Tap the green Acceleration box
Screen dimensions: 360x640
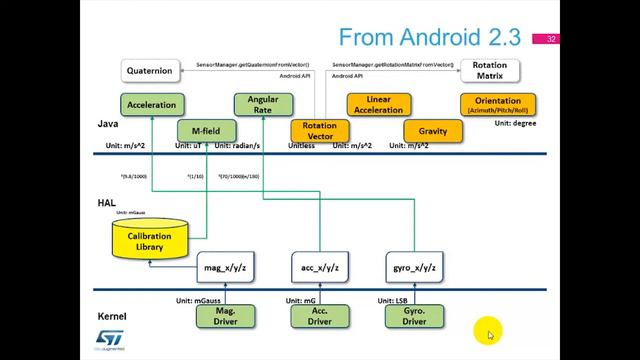pos(152,104)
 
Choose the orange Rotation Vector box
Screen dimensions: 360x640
pos(319,131)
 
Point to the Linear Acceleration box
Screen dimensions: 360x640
pos(379,104)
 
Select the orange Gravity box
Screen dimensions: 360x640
pos(432,131)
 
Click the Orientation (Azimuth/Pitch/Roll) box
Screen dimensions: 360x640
pos(498,104)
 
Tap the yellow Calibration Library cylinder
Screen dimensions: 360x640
pos(155,240)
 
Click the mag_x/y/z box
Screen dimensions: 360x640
pos(225,269)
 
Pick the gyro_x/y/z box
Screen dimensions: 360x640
pos(413,269)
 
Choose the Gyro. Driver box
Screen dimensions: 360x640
pos(413,316)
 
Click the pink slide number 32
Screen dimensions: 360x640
pos(550,40)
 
